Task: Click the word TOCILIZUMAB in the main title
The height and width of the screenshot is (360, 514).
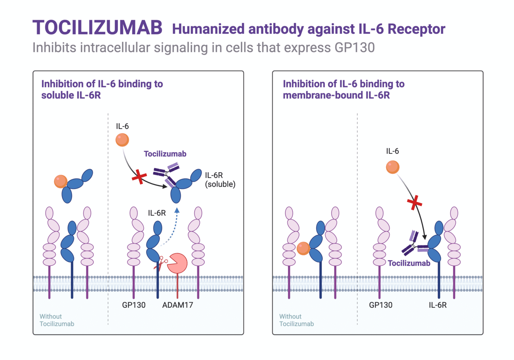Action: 97,28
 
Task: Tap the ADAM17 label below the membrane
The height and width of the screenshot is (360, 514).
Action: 177,305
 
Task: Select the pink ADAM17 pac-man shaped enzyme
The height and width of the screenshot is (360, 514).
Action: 177,263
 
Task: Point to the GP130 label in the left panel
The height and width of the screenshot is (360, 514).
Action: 134,305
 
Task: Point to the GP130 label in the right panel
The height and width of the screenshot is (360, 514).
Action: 380,305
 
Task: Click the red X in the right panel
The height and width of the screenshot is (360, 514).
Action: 415,203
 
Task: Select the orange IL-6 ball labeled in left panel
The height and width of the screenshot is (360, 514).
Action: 122,140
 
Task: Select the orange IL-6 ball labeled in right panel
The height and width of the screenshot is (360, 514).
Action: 393,167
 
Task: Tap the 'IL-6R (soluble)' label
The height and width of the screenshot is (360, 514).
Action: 220,180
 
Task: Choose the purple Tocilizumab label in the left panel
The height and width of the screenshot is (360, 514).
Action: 165,154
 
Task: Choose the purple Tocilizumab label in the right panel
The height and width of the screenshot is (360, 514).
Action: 409,263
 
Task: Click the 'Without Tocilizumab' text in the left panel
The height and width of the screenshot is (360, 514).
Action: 56,320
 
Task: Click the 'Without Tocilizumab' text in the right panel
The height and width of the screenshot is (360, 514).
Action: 296,320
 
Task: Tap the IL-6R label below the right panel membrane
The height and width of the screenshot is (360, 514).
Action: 438,305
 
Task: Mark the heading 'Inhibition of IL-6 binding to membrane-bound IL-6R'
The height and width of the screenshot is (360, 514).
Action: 343,89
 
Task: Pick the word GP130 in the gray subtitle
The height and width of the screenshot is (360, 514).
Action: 354,48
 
